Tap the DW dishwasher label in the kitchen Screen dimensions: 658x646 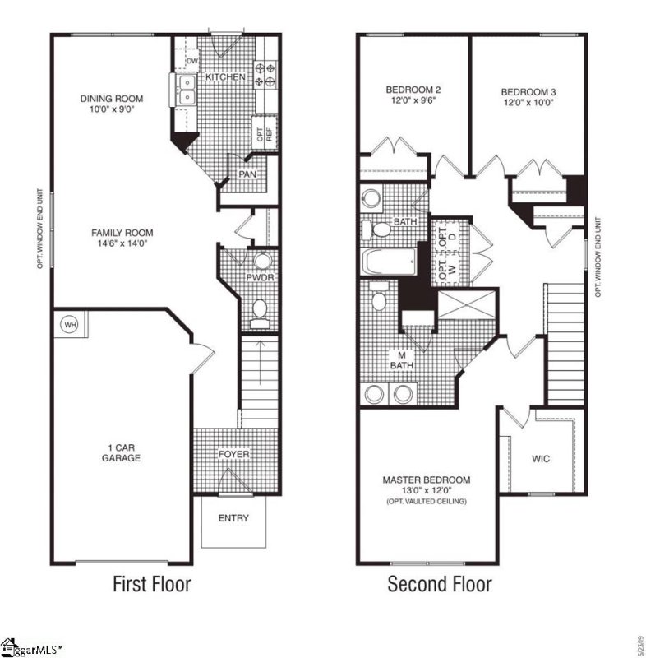(x=191, y=61)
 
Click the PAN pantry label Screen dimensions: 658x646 (x=247, y=174)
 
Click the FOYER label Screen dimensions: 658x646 (x=233, y=454)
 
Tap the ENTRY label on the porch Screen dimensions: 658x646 (x=233, y=518)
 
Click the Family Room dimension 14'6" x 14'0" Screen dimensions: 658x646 (x=122, y=243)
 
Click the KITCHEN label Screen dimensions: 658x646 (x=225, y=76)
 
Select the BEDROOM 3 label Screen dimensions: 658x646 (x=528, y=91)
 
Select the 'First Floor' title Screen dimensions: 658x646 (x=151, y=585)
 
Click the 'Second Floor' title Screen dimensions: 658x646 (x=440, y=585)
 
